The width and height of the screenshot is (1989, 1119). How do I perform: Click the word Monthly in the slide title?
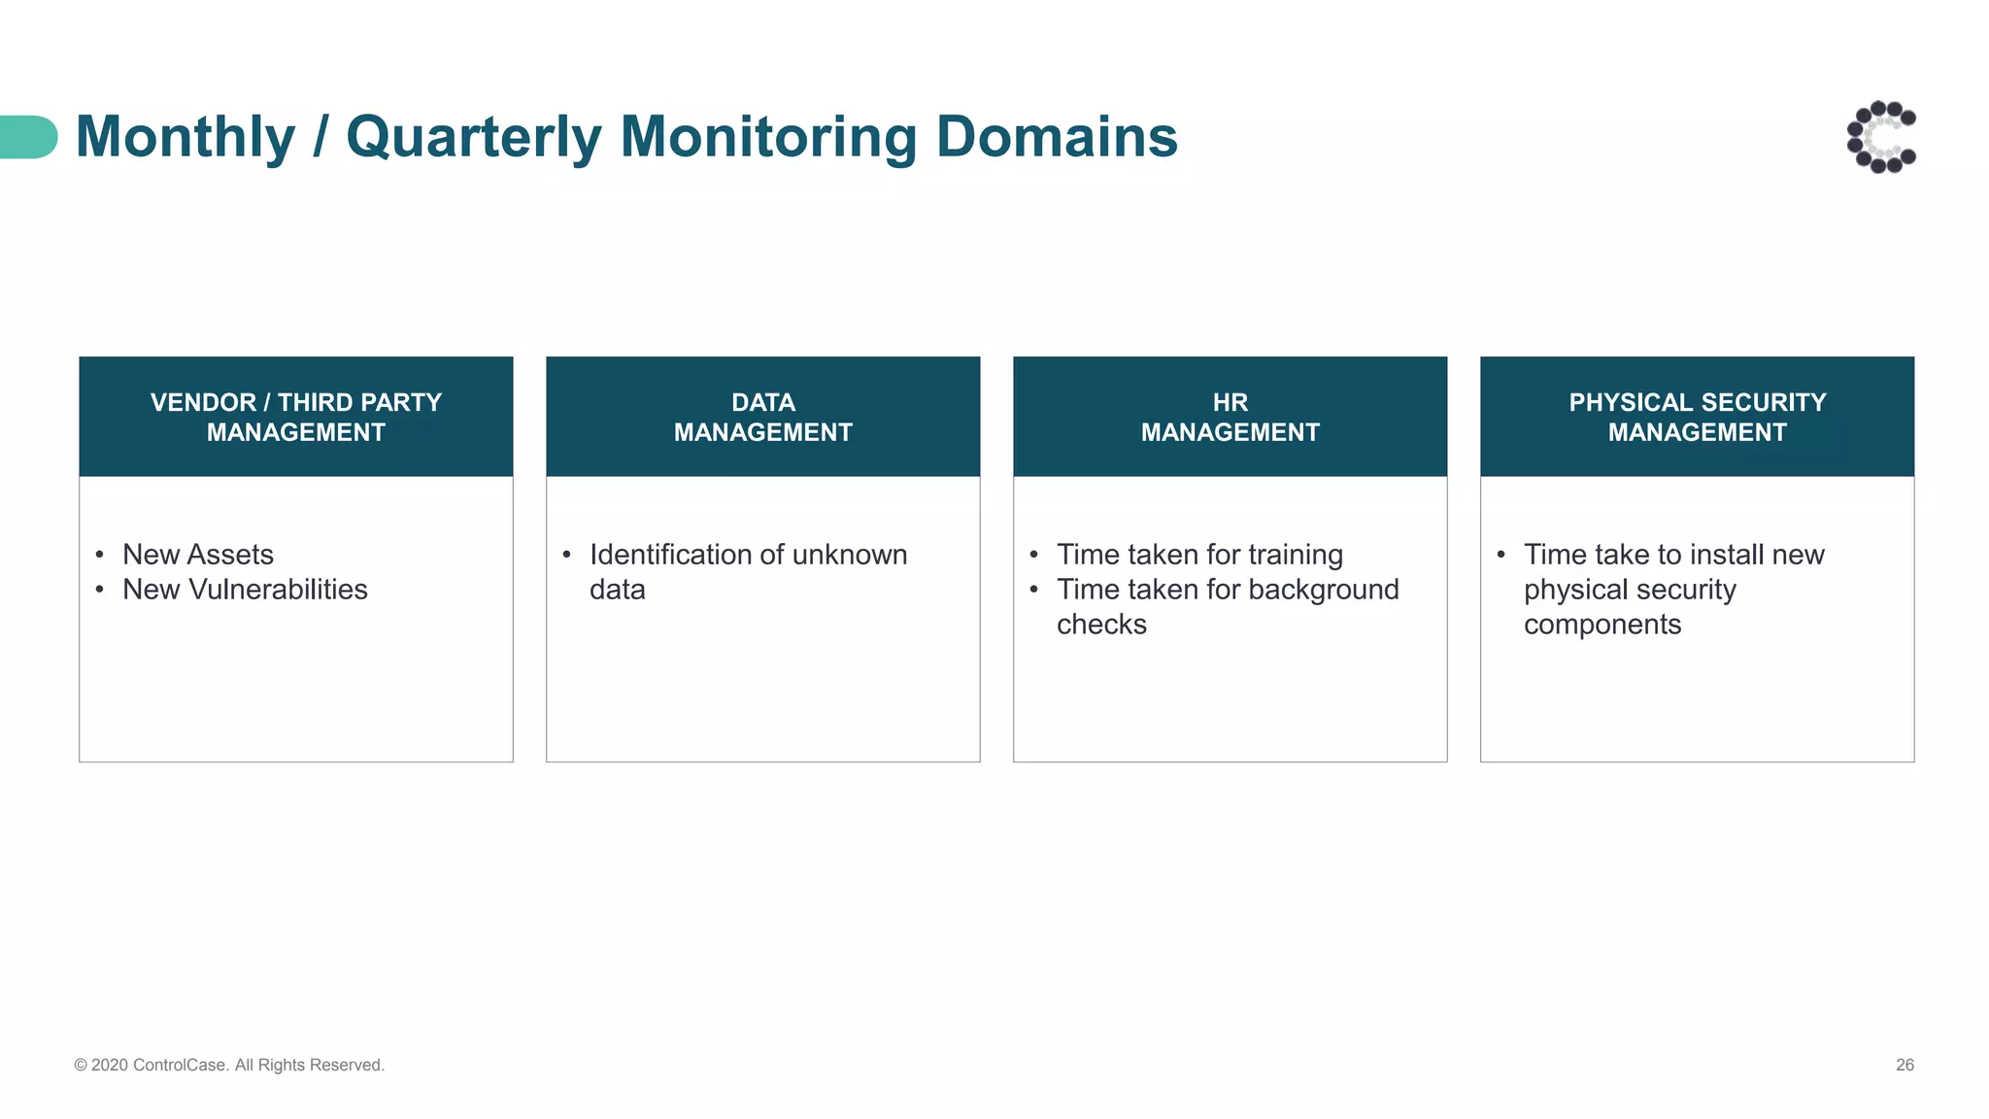pos(185,137)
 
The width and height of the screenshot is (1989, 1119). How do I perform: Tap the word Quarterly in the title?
pos(474,137)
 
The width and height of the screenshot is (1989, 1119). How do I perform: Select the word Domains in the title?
pos(1056,137)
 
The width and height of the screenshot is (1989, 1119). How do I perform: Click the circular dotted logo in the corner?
pos(1881,137)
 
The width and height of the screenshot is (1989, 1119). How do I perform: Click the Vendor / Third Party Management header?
pos(296,417)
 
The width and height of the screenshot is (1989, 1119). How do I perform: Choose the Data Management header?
pos(763,417)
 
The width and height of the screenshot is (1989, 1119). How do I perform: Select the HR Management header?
pos(1230,417)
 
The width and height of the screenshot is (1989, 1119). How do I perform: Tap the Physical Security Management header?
pos(1698,417)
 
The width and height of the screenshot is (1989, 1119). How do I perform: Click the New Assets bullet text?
pos(198,555)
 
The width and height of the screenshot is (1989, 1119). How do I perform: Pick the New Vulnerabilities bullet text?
pos(245,590)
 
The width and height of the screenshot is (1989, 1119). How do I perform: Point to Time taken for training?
pos(1199,555)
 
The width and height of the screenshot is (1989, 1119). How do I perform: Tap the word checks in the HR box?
pos(1101,625)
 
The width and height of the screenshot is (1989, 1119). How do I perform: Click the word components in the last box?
pos(1602,625)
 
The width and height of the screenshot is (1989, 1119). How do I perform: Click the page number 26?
pos(1905,1066)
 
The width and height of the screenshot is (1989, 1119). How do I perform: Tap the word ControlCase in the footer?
pos(180,1066)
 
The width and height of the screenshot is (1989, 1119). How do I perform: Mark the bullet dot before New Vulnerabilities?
pos(100,590)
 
